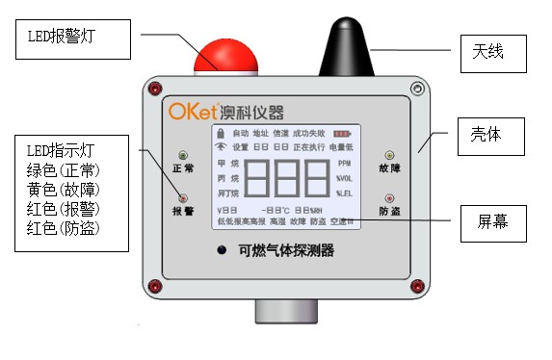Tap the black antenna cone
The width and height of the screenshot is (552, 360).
(343, 48)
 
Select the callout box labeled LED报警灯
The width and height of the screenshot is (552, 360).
(80, 38)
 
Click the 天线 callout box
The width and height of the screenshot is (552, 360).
(491, 51)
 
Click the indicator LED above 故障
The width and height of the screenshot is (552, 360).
(389, 154)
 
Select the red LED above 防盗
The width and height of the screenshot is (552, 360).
(389, 197)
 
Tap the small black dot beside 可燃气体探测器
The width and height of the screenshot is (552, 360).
(221, 252)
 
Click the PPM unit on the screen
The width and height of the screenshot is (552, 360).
(345, 164)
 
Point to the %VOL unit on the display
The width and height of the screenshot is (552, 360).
(345, 179)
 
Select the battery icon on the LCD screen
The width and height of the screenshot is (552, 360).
(343, 134)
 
